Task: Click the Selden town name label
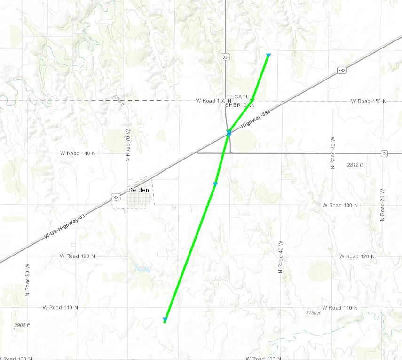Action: pyautogui.click(x=139, y=190)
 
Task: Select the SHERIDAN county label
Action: pyautogui.click(x=240, y=105)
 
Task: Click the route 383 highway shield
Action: pyautogui.click(x=342, y=70)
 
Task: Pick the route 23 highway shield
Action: pyautogui.click(x=385, y=153)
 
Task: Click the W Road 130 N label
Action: pyautogui.click(x=340, y=206)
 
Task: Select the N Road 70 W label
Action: pyautogui.click(x=128, y=146)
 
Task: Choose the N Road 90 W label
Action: pyautogui.click(x=27, y=280)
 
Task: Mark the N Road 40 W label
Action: pyautogui.click(x=280, y=257)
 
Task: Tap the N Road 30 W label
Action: pyautogui.click(x=332, y=153)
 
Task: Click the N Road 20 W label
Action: pyautogui.click(x=382, y=205)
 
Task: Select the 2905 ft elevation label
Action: pyautogui.click(x=22, y=325)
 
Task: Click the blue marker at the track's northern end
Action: pyautogui.click(x=268, y=56)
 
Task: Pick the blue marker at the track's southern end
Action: pyautogui.click(x=165, y=320)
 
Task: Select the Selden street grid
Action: pyautogui.click(x=140, y=200)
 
